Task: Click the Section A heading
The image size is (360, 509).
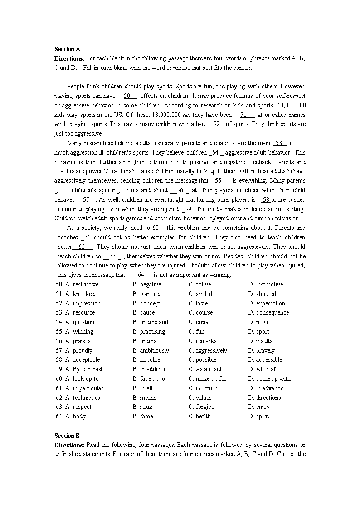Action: click(x=67, y=49)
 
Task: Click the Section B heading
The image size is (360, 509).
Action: click(x=67, y=436)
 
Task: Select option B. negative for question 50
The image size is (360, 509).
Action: click(x=147, y=285)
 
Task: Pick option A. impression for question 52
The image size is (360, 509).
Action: click(x=83, y=304)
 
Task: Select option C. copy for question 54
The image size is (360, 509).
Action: click(x=199, y=322)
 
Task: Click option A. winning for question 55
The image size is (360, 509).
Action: click(x=79, y=332)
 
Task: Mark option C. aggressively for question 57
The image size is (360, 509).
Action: click(x=208, y=351)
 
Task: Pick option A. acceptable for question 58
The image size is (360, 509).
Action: click(x=83, y=360)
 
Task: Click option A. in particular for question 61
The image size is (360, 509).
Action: click(x=84, y=388)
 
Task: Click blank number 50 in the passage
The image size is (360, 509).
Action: click(x=127, y=96)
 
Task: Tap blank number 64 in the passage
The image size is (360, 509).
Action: click(x=141, y=275)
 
